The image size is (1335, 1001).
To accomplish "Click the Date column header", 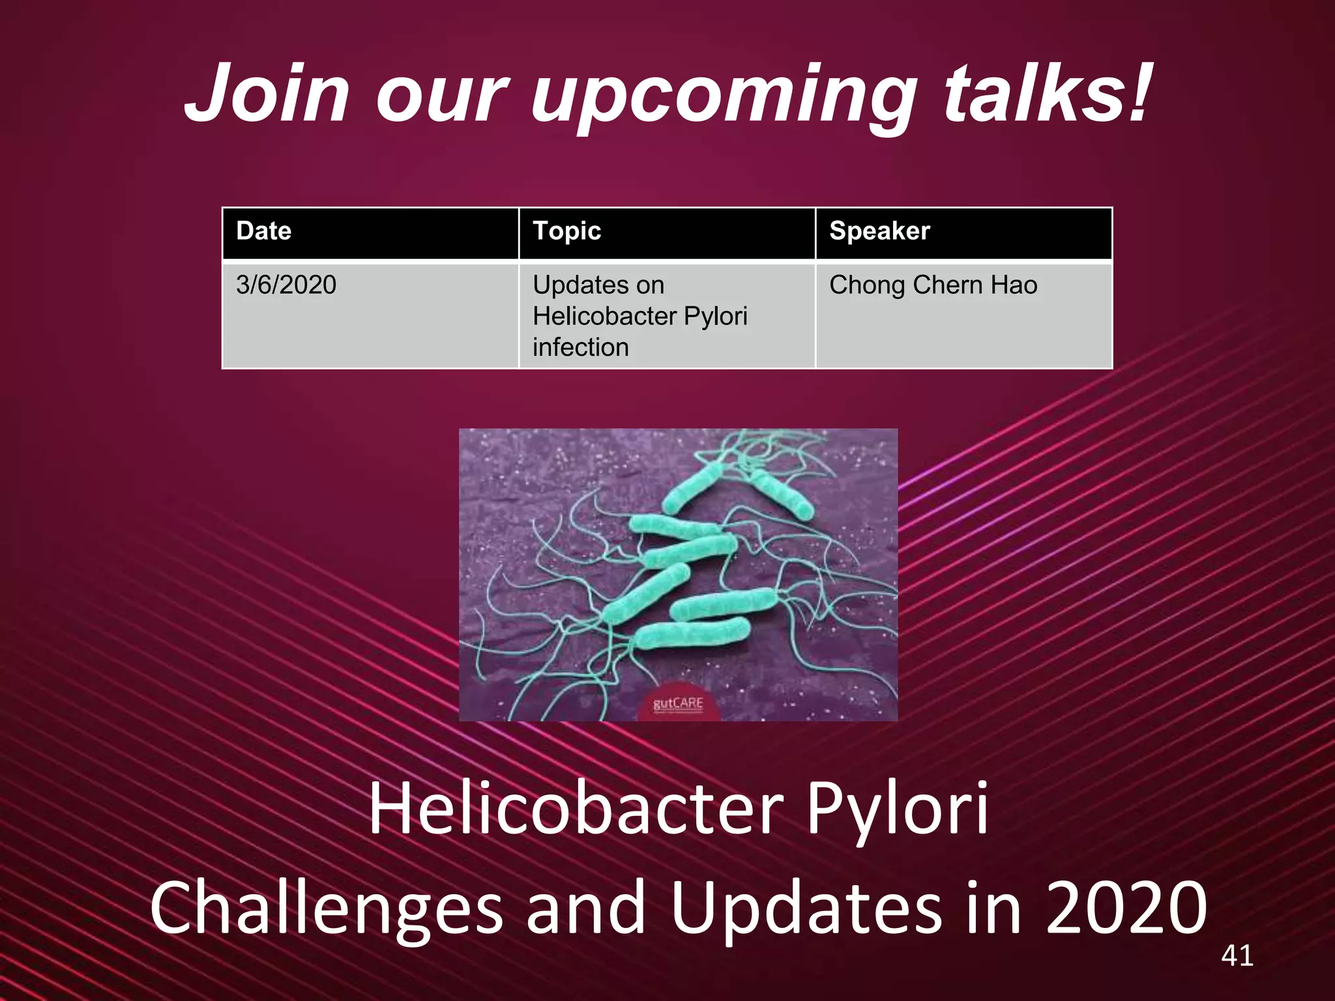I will (263, 231).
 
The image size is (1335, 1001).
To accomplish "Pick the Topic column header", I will (566, 231).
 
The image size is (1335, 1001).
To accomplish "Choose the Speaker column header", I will (879, 231).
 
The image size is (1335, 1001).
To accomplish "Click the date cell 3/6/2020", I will (286, 285).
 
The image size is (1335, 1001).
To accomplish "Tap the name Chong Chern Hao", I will (933, 285).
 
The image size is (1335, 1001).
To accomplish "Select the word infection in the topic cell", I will (580, 347).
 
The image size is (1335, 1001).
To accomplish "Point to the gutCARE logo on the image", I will (678, 704).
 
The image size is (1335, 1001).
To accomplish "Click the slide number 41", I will (1237, 955).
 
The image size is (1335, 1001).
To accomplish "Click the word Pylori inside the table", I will (715, 316).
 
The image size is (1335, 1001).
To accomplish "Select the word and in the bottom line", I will (585, 907).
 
